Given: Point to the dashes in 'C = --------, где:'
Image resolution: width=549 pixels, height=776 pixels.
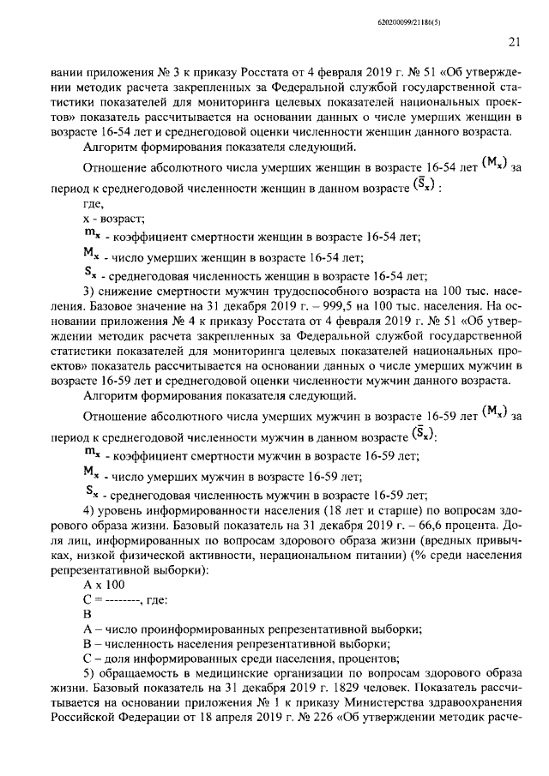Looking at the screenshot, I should coord(123,599).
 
